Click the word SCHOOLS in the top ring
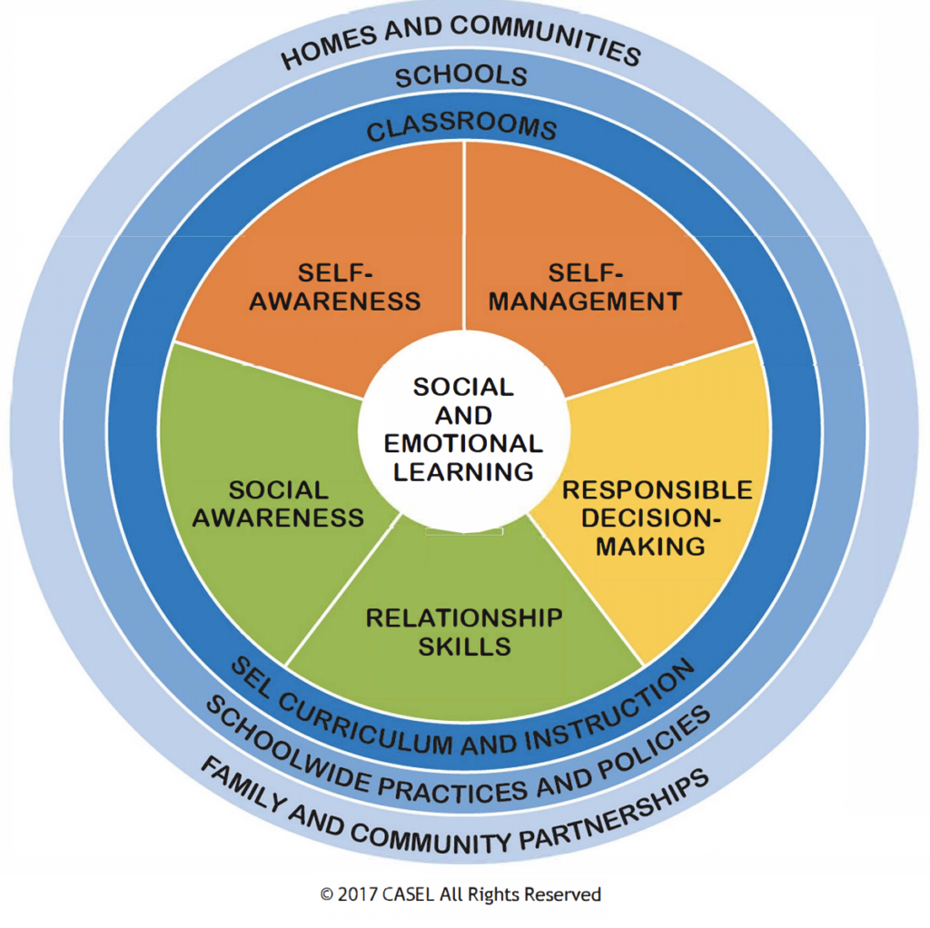461,76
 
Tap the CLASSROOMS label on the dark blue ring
461,125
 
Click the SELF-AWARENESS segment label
335,287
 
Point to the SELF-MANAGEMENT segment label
586,287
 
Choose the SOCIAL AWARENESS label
278,504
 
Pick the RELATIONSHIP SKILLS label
464,632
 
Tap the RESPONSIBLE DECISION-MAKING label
658,518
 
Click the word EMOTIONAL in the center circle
463,443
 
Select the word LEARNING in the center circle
463,472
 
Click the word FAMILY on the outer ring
243,785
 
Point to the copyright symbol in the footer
327,894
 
